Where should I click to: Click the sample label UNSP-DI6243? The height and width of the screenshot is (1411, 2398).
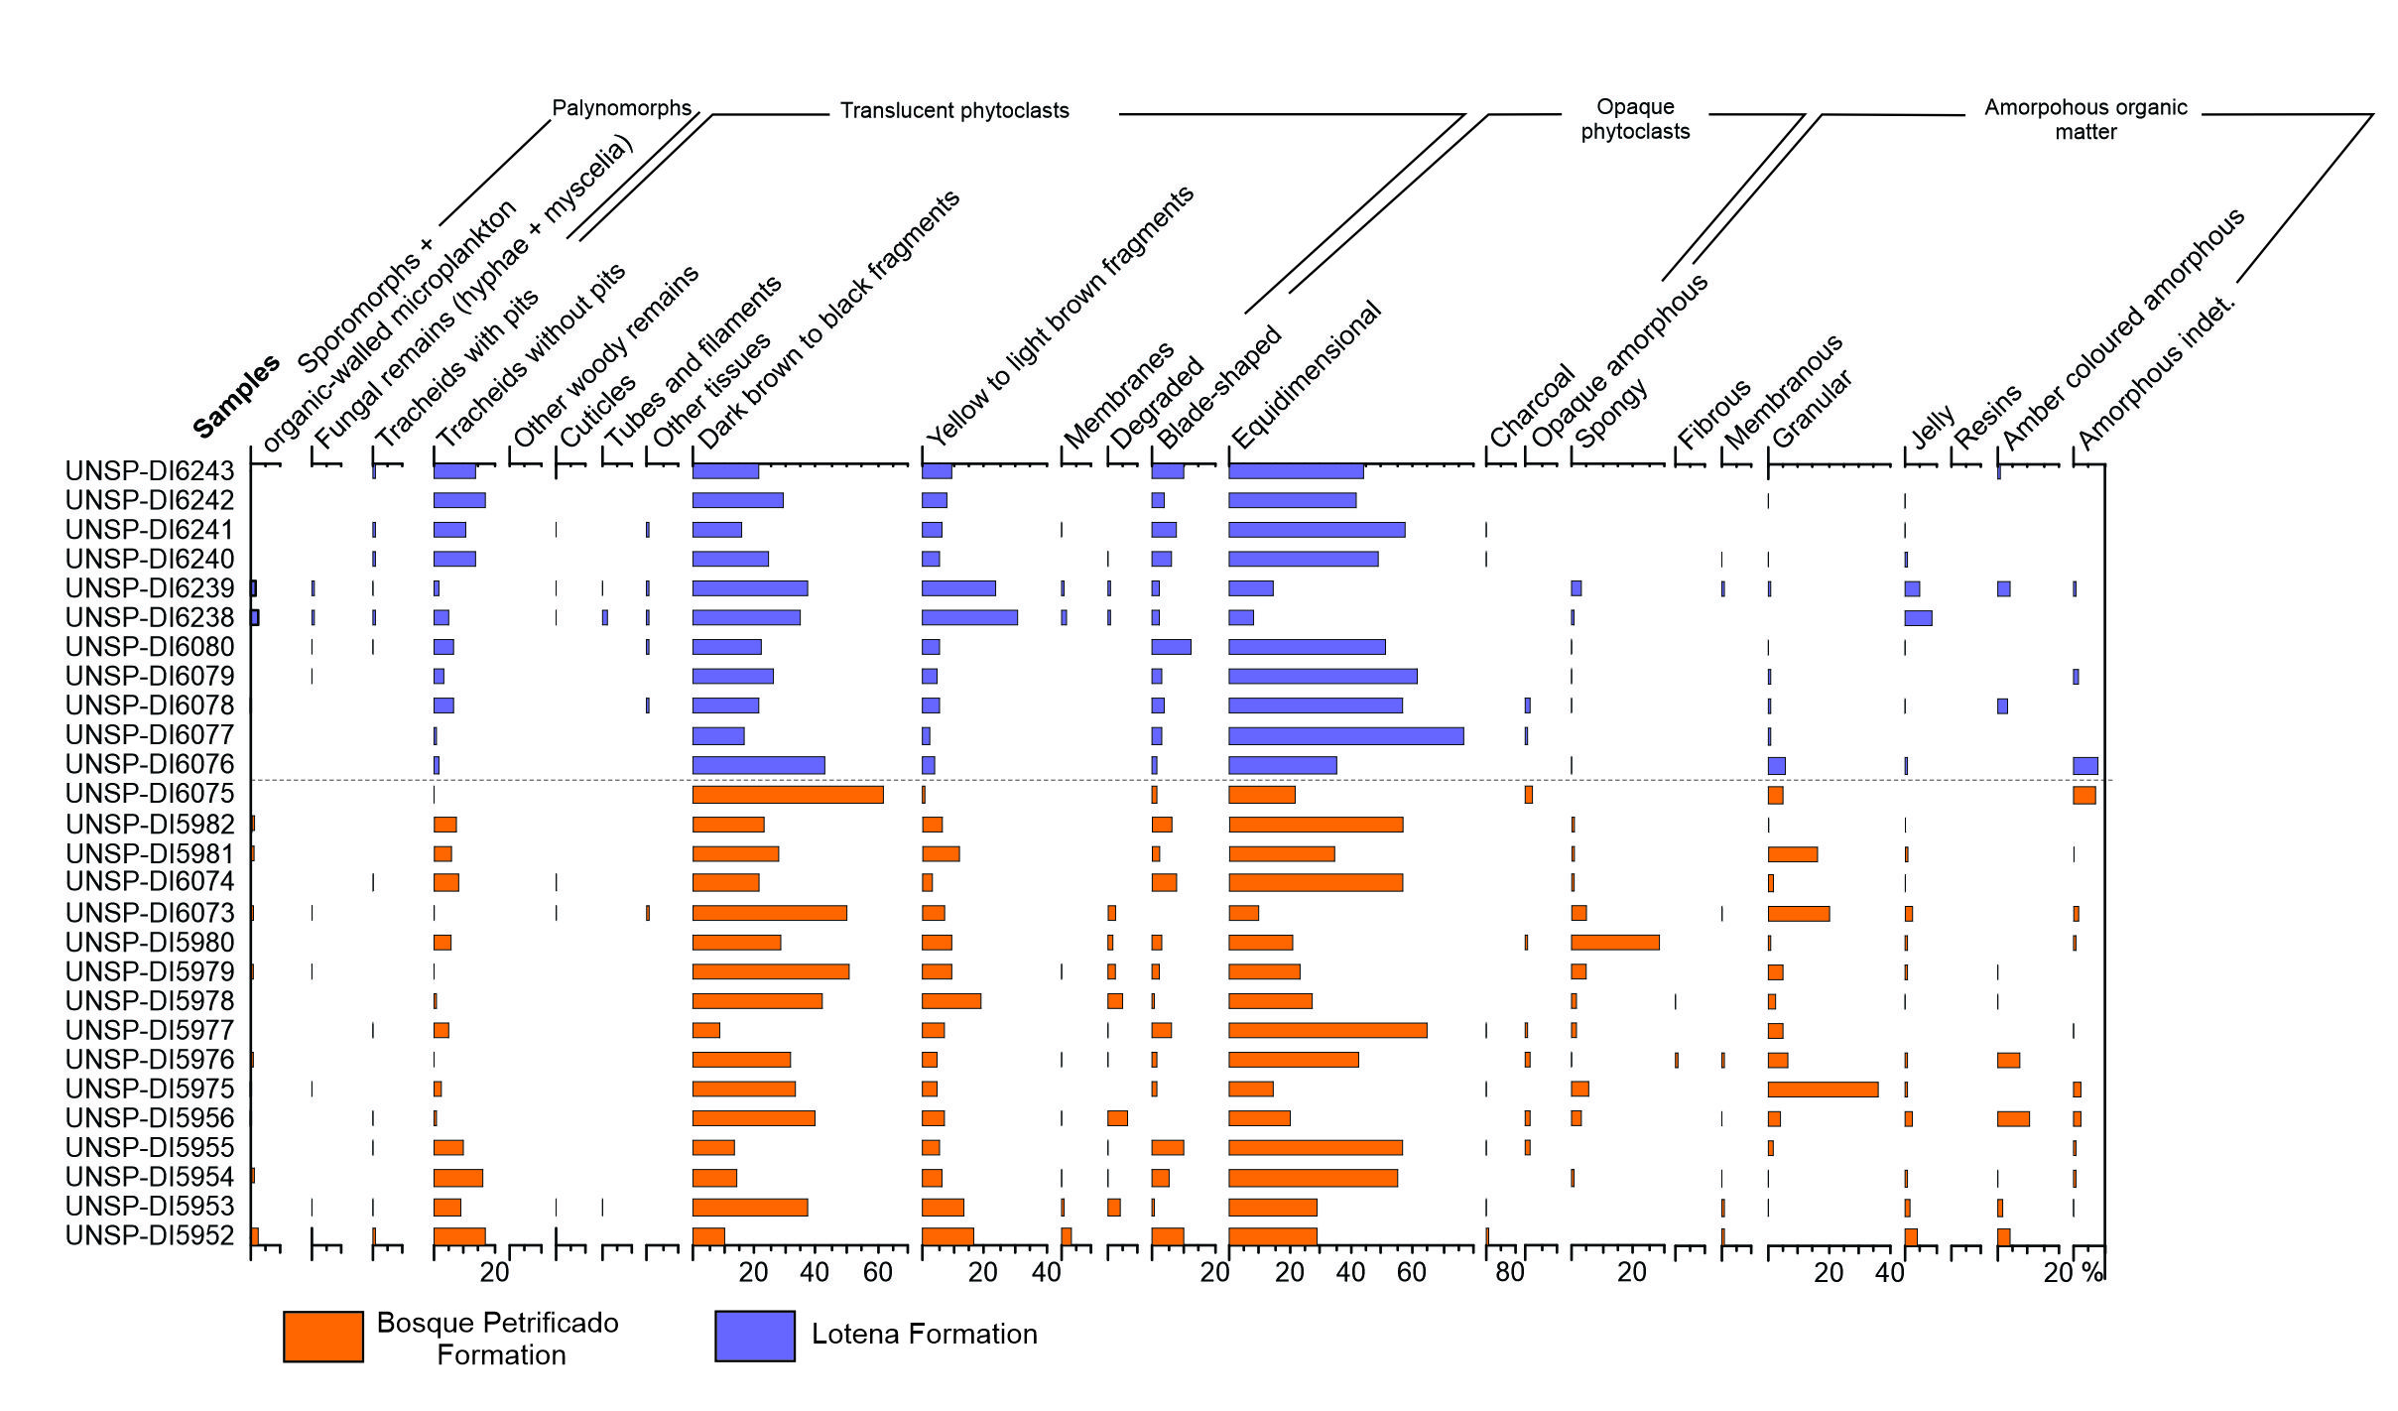(x=150, y=471)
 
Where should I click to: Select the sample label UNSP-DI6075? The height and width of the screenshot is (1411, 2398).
(x=150, y=794)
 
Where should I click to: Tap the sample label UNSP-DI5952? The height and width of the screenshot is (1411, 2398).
(x=150, y=1235)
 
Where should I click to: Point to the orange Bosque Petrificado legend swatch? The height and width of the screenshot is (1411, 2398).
(x=322, y=1336)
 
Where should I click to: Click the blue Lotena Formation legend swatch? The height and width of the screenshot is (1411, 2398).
(x=754, y=1336)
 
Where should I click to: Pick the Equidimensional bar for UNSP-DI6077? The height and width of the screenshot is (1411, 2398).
(x=1345, y=736)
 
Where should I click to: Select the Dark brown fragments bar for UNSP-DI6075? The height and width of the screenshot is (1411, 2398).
(x=788, y=795)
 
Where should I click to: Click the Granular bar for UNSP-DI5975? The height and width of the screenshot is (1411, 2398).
(x=1823, y=1090)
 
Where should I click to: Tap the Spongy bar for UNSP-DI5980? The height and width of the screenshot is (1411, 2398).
(x=1614, y=943)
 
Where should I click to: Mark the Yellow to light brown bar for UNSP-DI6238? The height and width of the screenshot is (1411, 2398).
(x=969, y=617)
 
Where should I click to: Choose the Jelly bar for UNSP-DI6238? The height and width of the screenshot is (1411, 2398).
(x=1918, y=618)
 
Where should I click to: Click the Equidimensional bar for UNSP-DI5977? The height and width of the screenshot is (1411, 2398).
(x=1327, y=1031)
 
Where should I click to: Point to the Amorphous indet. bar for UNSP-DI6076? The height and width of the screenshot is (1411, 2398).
(x=2084, y=766)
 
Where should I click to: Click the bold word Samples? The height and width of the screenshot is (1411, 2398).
(x=235, y=397)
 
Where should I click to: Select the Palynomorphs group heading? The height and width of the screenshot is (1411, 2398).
(x=621, y=108)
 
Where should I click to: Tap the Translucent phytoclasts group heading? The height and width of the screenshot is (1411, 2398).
(x=954, y=111)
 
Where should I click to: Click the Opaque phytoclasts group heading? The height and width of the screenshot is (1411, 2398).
(x=1635, y=119)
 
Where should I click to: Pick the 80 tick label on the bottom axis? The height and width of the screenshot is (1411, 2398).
(x=1509, y=1273)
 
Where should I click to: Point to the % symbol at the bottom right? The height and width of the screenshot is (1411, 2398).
(x=2091, y=1273)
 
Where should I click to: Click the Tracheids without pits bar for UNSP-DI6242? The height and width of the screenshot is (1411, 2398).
(x=459, y=500)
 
